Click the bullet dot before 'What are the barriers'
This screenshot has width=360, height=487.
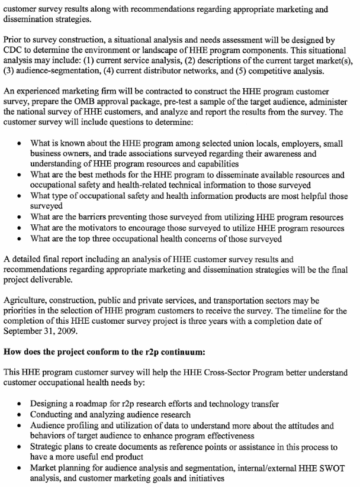click(x=20, y=218)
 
